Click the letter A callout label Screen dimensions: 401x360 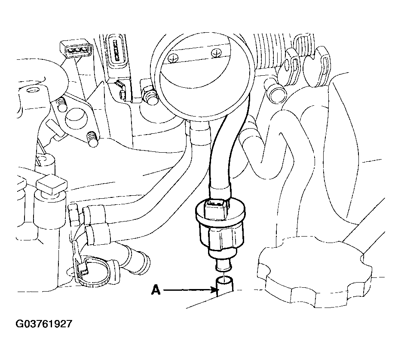156,290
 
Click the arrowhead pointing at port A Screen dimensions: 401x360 214,290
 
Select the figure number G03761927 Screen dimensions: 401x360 44,324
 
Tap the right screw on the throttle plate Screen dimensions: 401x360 216,53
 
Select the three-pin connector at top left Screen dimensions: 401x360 76,49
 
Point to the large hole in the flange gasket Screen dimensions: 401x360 76,117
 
